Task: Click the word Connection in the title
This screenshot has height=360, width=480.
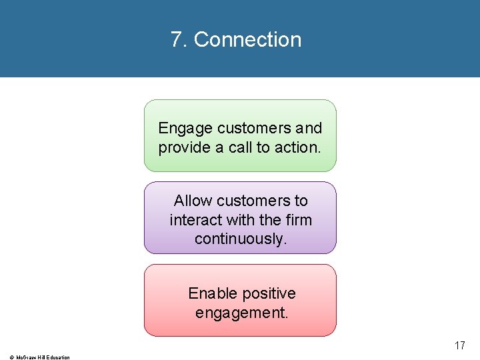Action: click(x=247, y=40)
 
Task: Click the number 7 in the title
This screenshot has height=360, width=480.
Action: click(x=176, y=40)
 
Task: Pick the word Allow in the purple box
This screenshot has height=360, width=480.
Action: click(x=193, y=201)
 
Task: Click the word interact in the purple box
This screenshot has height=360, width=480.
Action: click(x=195, y=219)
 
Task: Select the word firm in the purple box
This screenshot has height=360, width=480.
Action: click(x=297, y=219)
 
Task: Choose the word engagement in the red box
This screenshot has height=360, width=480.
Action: click(x=241, y=312)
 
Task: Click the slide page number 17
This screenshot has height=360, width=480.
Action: click(x=459, y=345)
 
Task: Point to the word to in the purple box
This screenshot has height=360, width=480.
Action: click(x=301, y=201)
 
